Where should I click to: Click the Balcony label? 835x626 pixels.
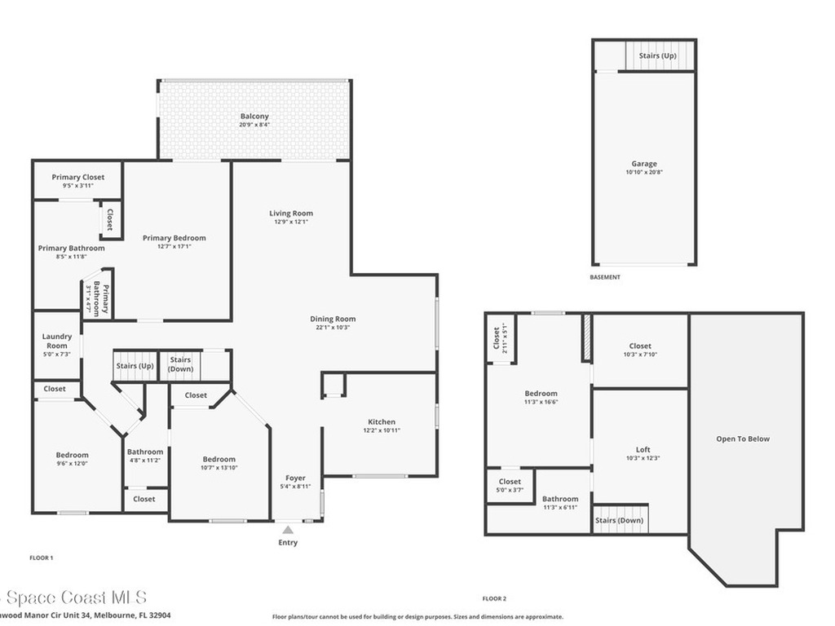tap(254, 117)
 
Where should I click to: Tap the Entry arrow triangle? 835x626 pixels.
tap(288, 530)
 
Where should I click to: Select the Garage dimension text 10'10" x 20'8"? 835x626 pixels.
tap(643, 173)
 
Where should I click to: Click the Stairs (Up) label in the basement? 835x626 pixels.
tap(657, 56)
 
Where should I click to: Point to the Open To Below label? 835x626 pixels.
tap(742, 439)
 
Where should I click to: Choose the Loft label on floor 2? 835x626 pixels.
tap(643, 450)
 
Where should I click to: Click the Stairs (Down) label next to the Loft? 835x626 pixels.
tap(619, 520)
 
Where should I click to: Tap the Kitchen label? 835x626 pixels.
tap(382, 421)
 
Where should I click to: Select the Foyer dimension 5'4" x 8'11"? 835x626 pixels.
tap(294, 487)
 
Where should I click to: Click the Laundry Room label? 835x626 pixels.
tap(57, 341)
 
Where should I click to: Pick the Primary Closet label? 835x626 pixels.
tap(77, 177)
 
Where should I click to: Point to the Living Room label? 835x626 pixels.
tap(291, 214)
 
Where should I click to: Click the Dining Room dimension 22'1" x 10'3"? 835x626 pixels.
tap(333, 328)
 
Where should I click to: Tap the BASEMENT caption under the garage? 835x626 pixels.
tap(604, 277)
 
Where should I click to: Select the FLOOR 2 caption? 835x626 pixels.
tap(494, 597)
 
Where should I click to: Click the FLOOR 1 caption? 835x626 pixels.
tap(41, 558)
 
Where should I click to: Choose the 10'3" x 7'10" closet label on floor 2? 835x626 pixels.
tap(640, 355)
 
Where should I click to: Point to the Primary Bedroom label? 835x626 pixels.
tap(174, 238)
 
